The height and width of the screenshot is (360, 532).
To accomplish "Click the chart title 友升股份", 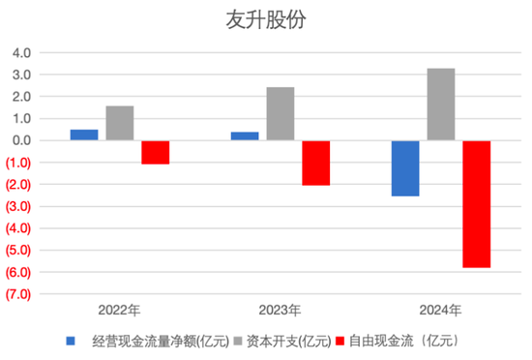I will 264,20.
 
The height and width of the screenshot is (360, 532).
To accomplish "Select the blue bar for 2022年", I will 84,135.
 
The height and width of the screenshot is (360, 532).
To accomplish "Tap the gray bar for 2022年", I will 120,123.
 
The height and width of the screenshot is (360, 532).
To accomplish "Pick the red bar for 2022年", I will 156,152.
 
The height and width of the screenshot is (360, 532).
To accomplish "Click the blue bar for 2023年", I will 245,135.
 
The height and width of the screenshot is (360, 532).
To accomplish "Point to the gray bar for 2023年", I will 281,113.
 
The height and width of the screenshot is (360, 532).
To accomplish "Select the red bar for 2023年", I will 316,163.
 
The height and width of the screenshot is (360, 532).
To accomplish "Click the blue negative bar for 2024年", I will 405,168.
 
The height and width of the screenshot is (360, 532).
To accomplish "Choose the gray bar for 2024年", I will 441,104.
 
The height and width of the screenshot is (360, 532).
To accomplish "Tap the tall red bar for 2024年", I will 477,203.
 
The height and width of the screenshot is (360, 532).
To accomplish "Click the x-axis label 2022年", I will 119,311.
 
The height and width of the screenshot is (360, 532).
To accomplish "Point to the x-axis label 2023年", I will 280,311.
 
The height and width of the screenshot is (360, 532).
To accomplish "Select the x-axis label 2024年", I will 440,311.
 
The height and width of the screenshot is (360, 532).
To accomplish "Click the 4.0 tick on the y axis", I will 21,52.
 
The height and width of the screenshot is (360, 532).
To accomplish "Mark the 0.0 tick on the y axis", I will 21,140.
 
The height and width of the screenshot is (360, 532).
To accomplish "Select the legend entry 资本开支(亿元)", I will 288,341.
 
